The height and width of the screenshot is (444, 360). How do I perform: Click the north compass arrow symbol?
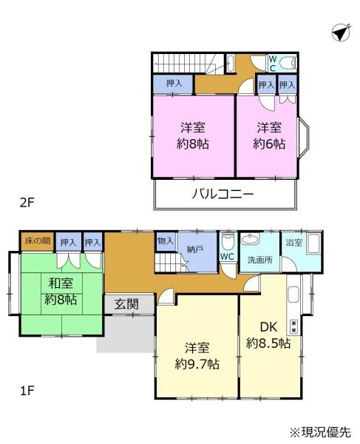point(341,33)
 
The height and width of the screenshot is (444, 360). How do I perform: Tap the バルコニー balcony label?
point(223,194)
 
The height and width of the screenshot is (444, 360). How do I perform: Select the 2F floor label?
point(27,203)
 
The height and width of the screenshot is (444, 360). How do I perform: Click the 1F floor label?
point(27,391)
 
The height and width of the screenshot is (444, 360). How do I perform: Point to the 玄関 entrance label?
point(126,304)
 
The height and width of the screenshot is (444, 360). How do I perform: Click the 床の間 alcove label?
point(37,241)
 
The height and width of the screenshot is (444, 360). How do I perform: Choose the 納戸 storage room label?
point(195,249)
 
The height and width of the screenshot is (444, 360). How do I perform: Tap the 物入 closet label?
point(166,241)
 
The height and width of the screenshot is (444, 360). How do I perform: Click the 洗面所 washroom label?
point(259,260)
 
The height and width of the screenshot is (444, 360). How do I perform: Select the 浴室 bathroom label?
point(293,243)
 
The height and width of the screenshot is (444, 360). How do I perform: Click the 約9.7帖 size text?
point(197,364)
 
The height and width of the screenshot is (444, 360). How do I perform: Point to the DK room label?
point(268,327)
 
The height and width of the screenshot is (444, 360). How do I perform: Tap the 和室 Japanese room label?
point(61,283)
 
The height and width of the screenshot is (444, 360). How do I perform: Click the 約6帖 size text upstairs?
point(268,144)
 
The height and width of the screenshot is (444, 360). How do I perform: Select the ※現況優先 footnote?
point(320,432)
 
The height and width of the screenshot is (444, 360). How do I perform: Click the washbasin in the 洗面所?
point(249,239)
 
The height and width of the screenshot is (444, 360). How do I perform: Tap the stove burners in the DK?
point(293,326)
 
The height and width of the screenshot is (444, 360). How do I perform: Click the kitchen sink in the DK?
point(293,295)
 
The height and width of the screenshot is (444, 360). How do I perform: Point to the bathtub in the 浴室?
point(313,243)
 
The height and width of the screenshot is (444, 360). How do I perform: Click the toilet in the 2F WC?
point(287,61)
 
